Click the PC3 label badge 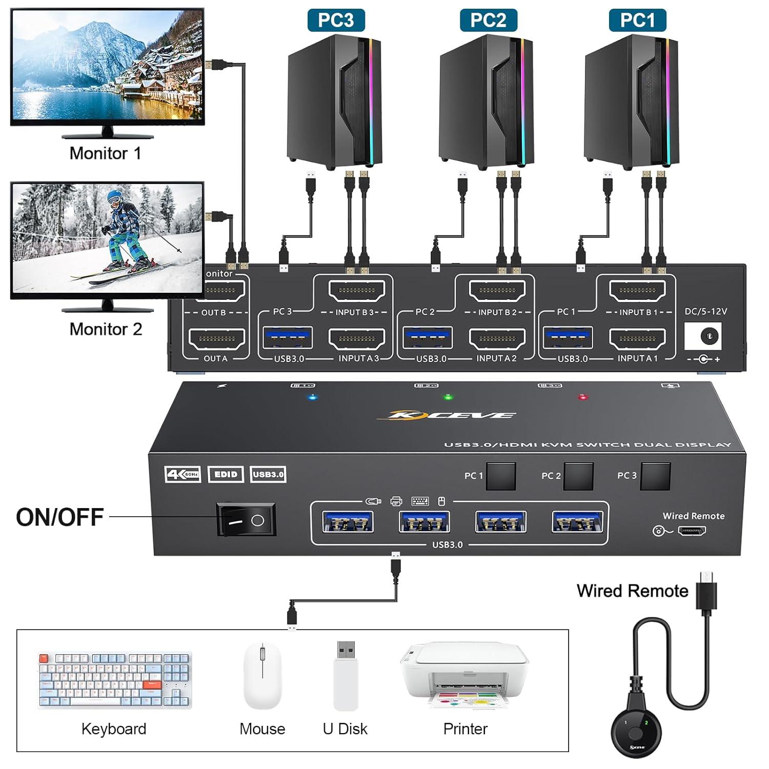coord(336,20)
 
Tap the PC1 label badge coord(637,20)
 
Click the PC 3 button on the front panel coord(656,476)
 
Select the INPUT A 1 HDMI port coord(637,338)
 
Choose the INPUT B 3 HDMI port coord(357,291)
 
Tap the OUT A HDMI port coord(217,338)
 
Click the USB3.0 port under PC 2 coord(428,338)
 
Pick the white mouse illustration coord(262,675)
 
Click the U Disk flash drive coord(346,675)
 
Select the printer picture coord(465,675)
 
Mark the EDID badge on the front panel coord(226,474)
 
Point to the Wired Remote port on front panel coord(692,531)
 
